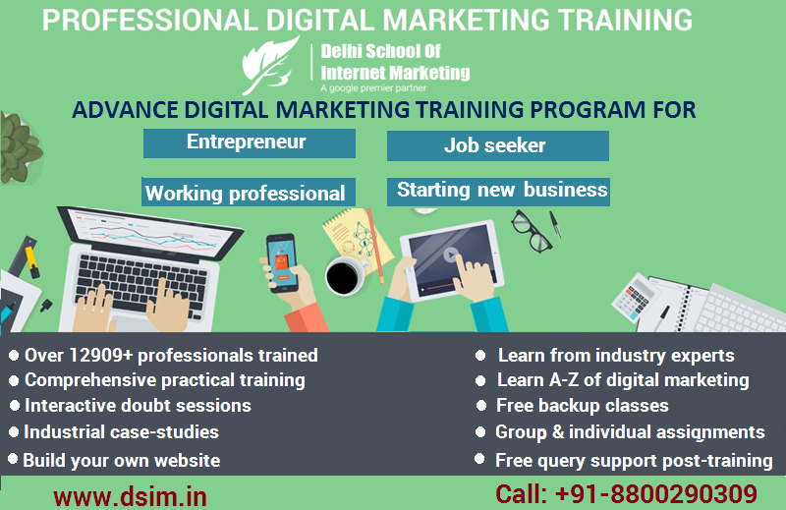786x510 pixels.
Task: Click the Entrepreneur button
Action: (x=250, y=143)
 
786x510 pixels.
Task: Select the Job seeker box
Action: (x=498, y=146)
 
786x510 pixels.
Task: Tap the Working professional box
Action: (x=249, y=192)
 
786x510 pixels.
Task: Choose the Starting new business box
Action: (x=498, y=192)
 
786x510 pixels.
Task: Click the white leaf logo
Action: (x=269, y=64)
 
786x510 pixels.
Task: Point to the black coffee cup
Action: (x=345, y=276)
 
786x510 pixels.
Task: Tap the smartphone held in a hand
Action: (x=282, y=262)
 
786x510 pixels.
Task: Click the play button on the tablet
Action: (x=451, y=255)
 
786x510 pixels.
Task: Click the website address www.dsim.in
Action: (x=130, y=496)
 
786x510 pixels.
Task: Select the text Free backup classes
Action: (x=582, y=405)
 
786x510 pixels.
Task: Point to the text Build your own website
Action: (x=121, y=460)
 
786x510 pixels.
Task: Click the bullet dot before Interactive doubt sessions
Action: (x=15, y=405)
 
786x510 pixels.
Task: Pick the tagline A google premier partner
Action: (x=373, y=88)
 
